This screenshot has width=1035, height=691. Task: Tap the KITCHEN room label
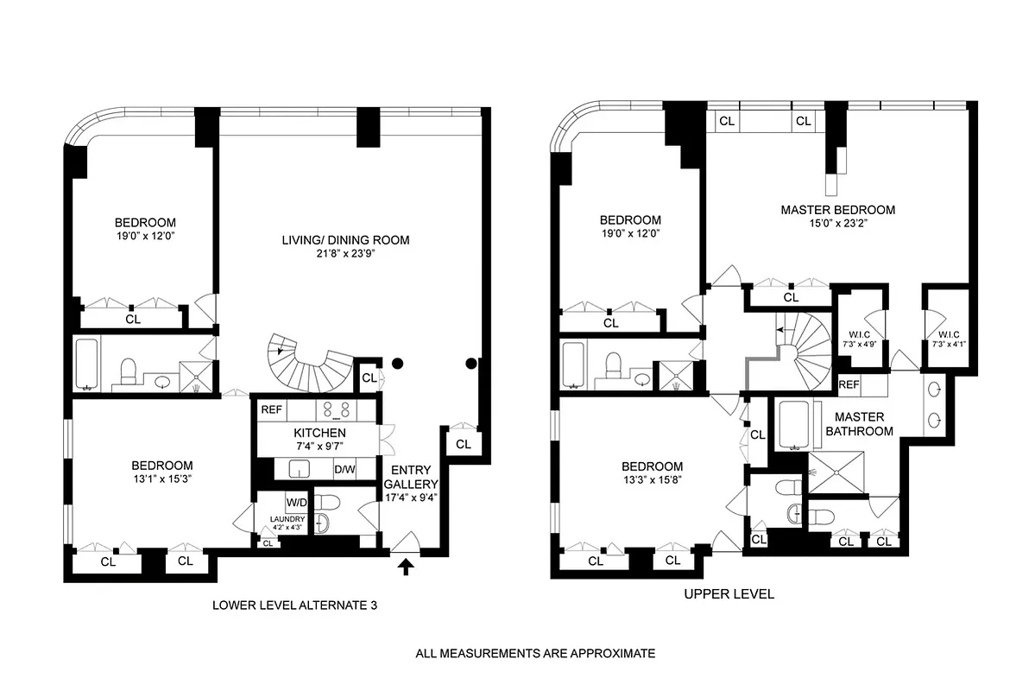tap(319, 433)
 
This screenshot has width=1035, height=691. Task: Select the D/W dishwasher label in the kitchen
tap(344, 470)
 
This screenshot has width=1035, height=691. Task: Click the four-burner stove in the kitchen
tap(335, 409)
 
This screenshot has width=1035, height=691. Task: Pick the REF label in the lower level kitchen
tap(272, 409)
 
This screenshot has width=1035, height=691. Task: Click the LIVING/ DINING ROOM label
tap(345, 240)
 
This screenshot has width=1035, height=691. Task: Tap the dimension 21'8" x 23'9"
tap(345, 254)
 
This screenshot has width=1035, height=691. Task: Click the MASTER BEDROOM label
tap(837, 210)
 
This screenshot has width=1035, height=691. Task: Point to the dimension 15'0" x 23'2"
tap(837, 224)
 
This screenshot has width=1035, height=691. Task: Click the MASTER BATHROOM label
tap(858, 424)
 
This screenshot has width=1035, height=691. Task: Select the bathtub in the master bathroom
tap(792, 423)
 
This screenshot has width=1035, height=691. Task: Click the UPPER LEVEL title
tap(729, 594)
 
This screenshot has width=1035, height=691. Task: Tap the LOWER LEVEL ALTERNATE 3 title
tap(295, 605)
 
